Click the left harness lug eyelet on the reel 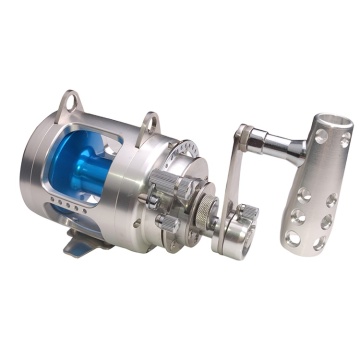click(x=68, y=101)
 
